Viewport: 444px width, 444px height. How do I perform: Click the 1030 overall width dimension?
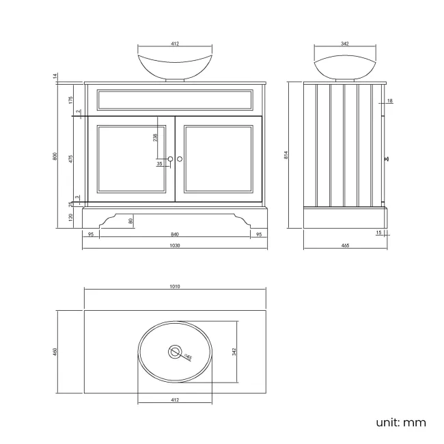click(x=175, y=246)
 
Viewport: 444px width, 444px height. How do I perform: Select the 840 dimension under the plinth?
click(x=175, y=234)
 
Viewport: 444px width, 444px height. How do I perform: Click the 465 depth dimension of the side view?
click(x=345, y=246)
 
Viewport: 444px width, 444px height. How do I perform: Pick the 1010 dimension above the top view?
click(x=175, y=286)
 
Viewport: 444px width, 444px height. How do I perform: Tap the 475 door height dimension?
click(x=71, y=159)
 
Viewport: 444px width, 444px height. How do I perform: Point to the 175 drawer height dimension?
click(x=71, y=100)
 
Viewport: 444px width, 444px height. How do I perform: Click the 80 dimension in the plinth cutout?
click(x=131, y=221)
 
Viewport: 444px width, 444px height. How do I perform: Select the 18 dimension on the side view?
click(x=389, y=101)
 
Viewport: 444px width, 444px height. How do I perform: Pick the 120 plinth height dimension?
click(x=71, y=217)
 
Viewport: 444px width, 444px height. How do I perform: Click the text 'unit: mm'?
click(x=400, y=422)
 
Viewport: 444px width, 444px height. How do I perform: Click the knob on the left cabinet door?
click(x=171, y=159)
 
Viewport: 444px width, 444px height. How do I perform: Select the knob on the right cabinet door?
click(x=180, y=159)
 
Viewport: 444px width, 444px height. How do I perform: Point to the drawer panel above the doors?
click(x=175, y=100)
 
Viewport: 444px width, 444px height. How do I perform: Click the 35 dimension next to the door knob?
click(x=159, y=164)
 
